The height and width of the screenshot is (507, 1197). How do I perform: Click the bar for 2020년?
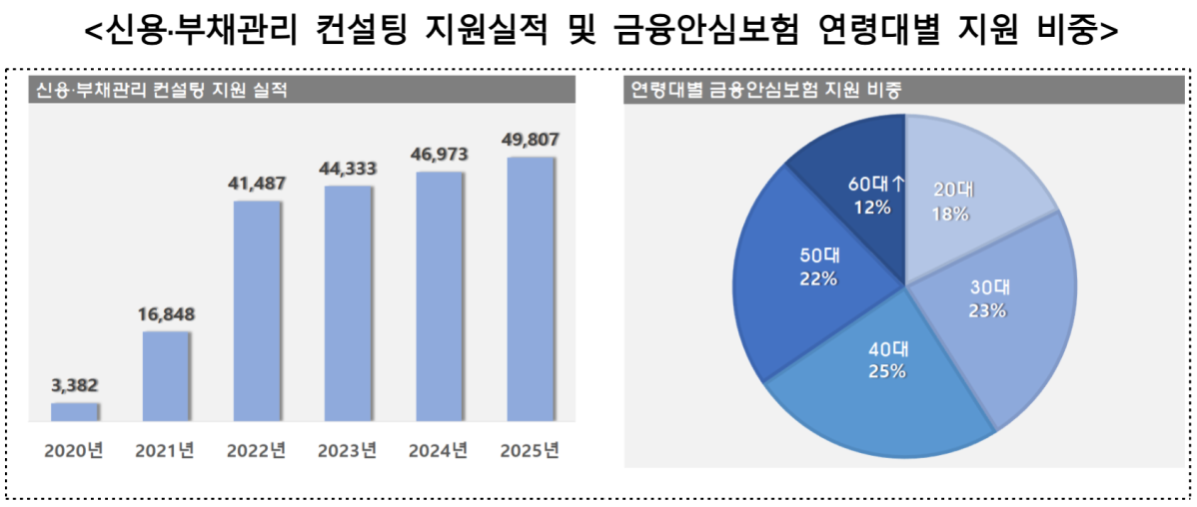click(x=75, y=410)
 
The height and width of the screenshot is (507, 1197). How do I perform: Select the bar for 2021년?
click(x=166, y=374)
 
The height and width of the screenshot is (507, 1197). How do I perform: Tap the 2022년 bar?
click(x=257, y=309)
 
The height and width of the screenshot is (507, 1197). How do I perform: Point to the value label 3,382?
click(x=75, y=385)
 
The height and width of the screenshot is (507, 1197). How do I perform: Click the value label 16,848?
click(x=166, y=315)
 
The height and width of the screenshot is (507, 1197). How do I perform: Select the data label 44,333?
click(x=348, y=170)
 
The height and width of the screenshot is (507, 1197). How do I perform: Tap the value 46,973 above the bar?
click(x=439, y=156)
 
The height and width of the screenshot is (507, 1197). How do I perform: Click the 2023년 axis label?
click(x=348, y=450)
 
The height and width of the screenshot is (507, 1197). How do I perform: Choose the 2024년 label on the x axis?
click(x=439, y=450)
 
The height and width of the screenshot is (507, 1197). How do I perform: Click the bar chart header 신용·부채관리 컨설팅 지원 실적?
click(x=161, y=91)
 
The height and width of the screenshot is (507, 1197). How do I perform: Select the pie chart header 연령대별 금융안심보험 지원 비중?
click(x=763, y=91)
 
